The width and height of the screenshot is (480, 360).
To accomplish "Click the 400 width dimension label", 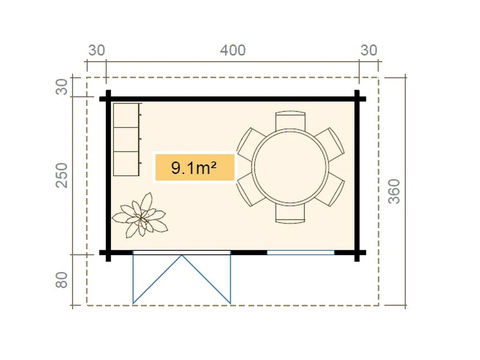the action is [x=233, y=50].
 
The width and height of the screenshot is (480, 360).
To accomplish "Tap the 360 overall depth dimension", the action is [x=394, y=191].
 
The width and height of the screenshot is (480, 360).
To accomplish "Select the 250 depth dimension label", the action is [x=62, y=175].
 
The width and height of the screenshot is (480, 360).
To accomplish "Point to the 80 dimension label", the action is [x=62, y=280].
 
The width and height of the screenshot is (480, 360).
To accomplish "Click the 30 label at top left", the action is [x=97, y=50].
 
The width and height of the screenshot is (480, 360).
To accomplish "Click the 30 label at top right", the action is [x=369, y=50].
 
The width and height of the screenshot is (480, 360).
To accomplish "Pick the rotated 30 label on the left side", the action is [x=62, y=87].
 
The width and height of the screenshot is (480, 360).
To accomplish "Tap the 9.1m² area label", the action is [x=194, y=168].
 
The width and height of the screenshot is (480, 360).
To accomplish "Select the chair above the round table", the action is [x=290, y=120].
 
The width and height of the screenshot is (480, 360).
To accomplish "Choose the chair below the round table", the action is [x=290, y=213].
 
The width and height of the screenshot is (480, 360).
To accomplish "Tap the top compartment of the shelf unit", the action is [x=126, y=116].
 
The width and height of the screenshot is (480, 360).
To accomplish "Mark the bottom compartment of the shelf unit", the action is [x=126, y=164].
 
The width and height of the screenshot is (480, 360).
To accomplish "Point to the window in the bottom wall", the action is [x=301, y=253].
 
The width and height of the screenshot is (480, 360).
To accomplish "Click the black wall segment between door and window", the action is [x=249, y=253].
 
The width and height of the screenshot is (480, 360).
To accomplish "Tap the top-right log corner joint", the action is [x=357, y=99].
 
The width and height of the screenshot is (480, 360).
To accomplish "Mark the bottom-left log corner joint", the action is [x=108, y=253].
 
